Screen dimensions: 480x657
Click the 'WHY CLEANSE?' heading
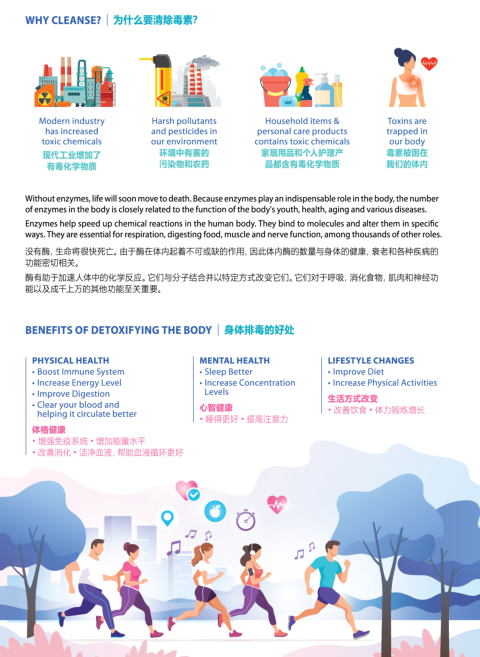click(63, 20)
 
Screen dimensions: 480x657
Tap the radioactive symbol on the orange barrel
click(45, 98)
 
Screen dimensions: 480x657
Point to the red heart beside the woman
click(429, 63)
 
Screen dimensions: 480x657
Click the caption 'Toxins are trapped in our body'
click(407, 131)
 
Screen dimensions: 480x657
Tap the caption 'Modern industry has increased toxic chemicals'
click(72, 131)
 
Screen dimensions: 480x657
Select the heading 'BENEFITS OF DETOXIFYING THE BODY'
click(119, 330)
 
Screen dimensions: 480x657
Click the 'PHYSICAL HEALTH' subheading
click(70, 360)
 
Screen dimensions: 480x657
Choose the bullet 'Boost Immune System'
click(78, 372)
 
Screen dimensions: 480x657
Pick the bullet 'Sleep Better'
click(226, 372)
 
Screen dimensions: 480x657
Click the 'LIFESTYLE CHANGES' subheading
click(371, 360)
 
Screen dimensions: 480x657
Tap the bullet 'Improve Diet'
click(356, 372)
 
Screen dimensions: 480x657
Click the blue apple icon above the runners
click(215, 511)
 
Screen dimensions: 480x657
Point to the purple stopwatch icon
click(245, 520)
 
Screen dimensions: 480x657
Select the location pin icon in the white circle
click(168, 518)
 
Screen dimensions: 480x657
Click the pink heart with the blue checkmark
click(187, 490)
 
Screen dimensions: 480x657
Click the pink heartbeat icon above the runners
click(277, 504)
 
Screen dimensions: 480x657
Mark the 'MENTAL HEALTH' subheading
click(235, 360)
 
